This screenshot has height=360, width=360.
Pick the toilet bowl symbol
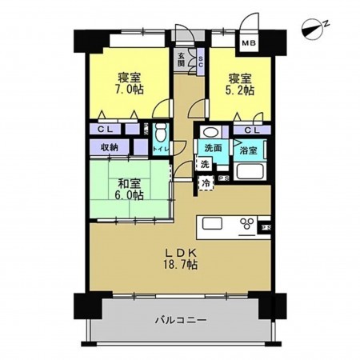tap(160, 133)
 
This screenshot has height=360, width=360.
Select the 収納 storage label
tap(110, 147)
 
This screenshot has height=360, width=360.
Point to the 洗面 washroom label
tap(212, 148)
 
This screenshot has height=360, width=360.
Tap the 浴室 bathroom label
tap(248, 150)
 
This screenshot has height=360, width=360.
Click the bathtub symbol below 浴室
tap(248, 174)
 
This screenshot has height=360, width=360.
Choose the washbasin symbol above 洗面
tap(210, 133)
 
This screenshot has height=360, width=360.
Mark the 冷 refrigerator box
tap(206, 183)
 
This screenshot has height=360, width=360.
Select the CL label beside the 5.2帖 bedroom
tap(250, 130)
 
